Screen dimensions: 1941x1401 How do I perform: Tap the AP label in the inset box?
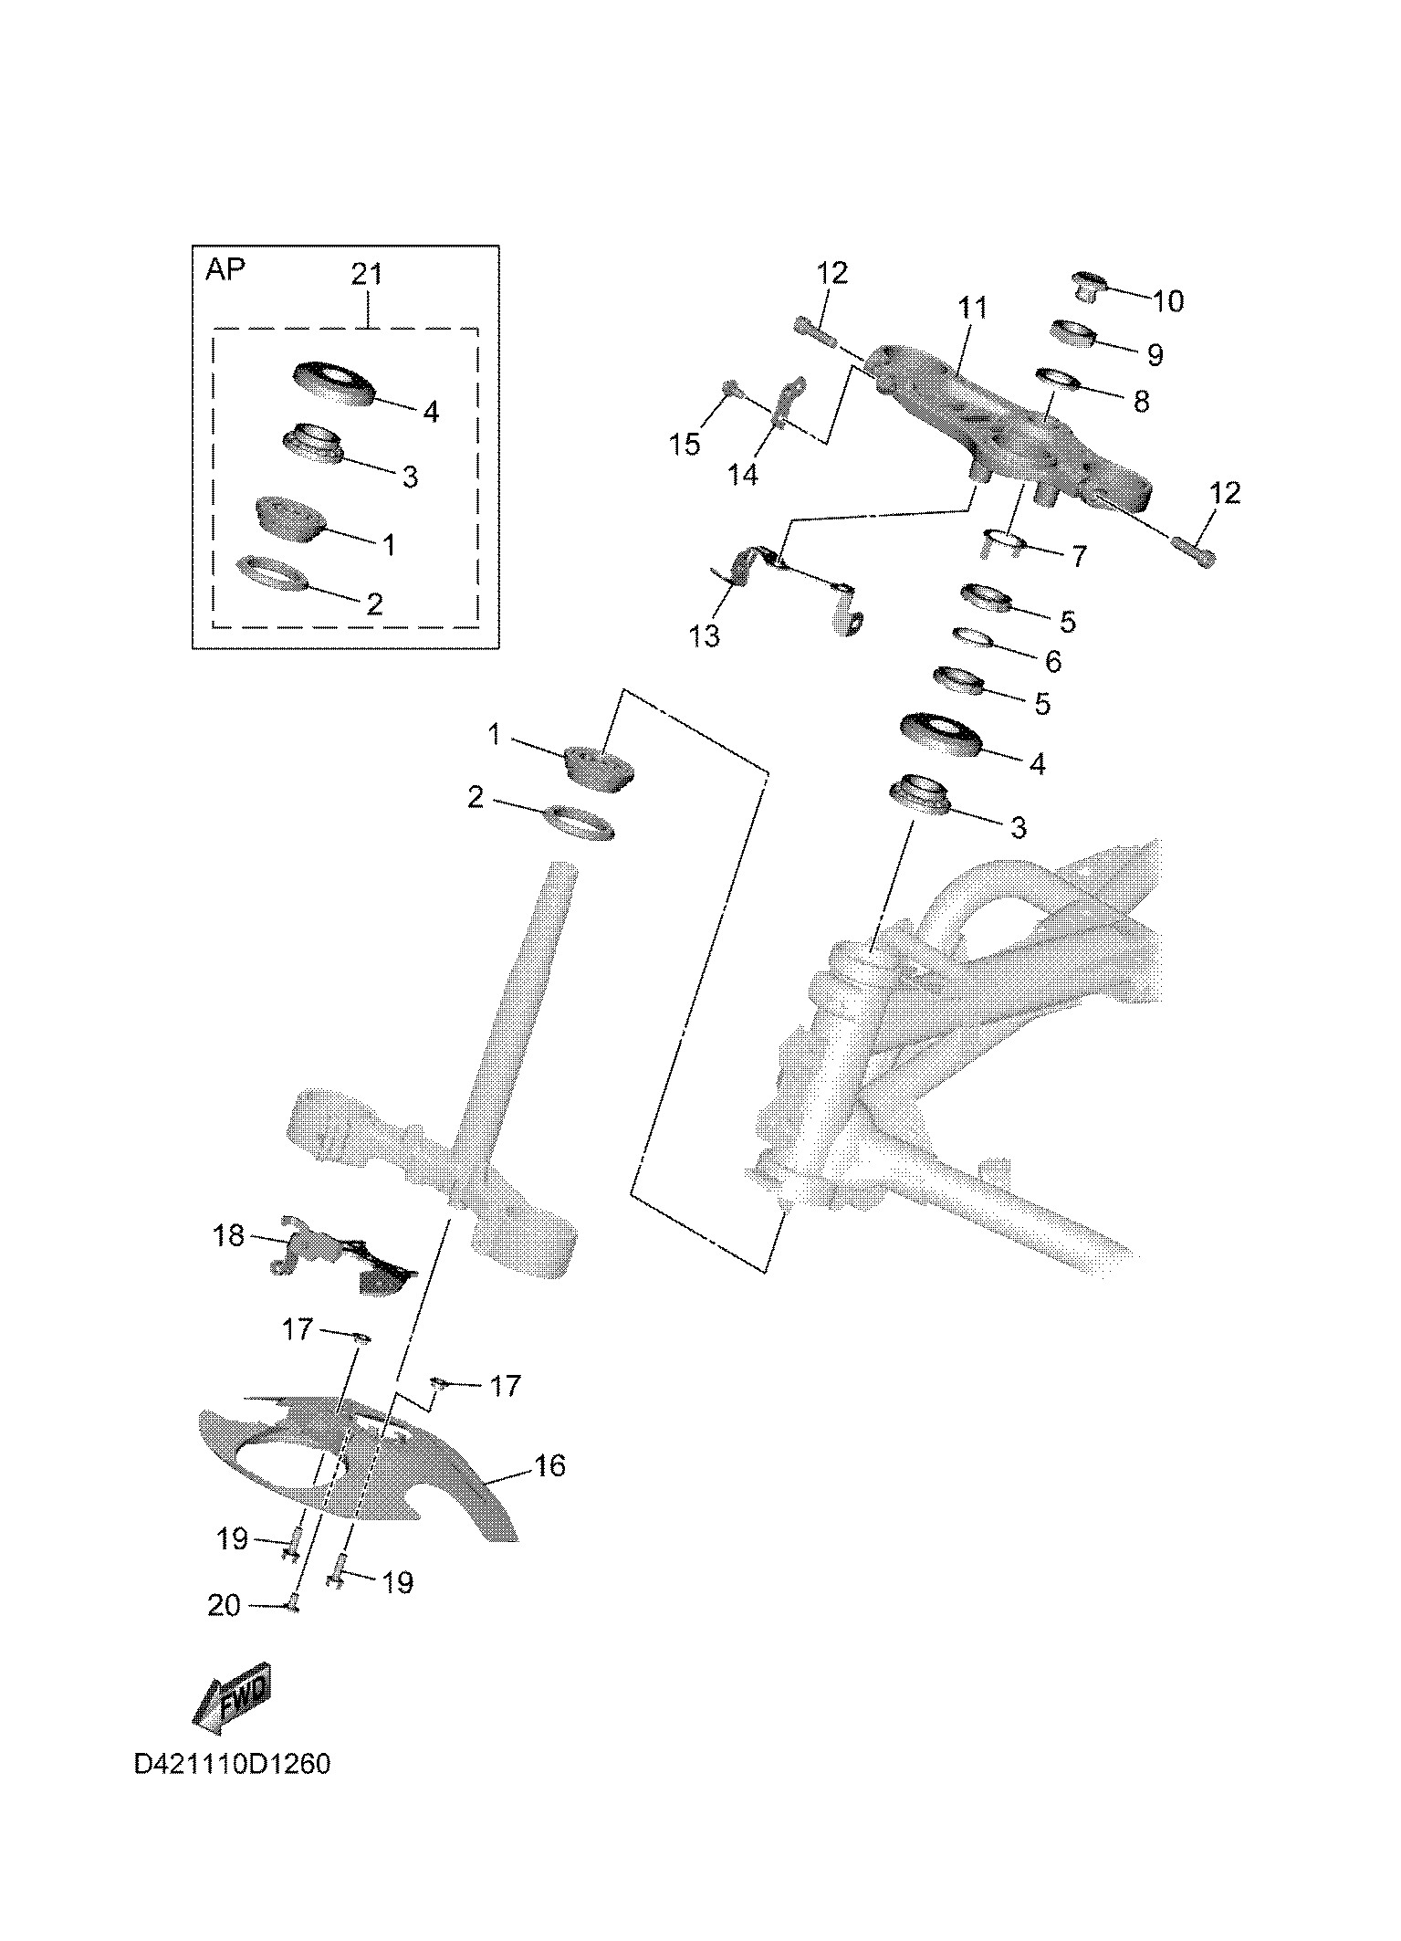tap(225, 270)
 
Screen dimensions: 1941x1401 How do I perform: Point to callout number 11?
tap(972, 308)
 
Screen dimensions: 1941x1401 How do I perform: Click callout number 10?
tap(1168, 300)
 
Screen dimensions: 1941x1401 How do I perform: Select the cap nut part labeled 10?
tap(1089, 286)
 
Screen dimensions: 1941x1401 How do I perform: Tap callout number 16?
tap(549, 1466)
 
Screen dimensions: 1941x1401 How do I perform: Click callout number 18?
tap(228, 1235)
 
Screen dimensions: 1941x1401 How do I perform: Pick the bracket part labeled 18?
tap(347, 1258)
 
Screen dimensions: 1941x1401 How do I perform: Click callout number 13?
tap(705, 635)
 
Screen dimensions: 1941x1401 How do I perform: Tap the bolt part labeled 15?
tap(733, 391)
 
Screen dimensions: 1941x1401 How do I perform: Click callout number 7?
tap(1079, 556)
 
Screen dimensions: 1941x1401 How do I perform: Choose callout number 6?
tap(1053, 661)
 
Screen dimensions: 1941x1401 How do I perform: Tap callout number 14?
tap(744, 474)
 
